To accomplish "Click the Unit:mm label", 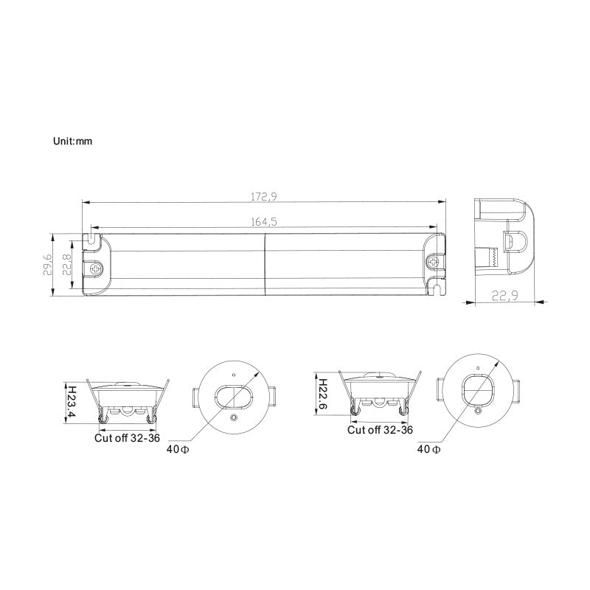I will pyautogui.click(x=72, y=140).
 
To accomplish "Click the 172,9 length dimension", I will pyautogui.click(x=263, y=197).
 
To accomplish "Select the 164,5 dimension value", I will pyautogui.click(x=263, y=221).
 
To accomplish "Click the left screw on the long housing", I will pyautogui.click(x=94, y=269).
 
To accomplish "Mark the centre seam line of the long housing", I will pyautogui.click(x=264, y=265).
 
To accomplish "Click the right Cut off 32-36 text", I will pyautogui.click(x=380, y=429).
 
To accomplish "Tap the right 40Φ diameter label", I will pyautogui.click(x=428, y=448).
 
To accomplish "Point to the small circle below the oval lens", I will pyautogui.click(x=234, y=419).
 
